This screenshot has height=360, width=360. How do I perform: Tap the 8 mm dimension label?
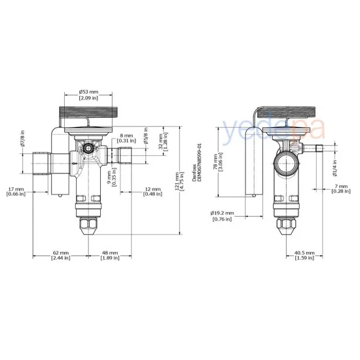click(x=128, y=136)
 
